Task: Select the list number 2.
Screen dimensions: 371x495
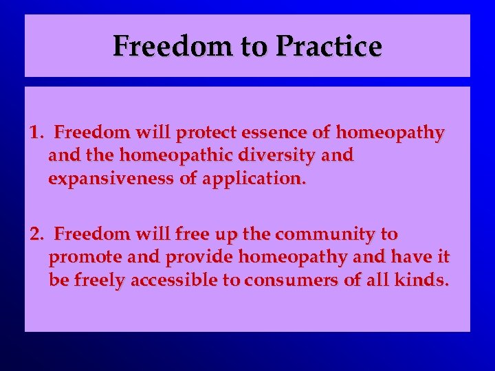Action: click(x=36, y=234)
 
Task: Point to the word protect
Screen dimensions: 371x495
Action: click(x=203, y=132)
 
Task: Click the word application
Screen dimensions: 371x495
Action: click(x=260, y=179)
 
